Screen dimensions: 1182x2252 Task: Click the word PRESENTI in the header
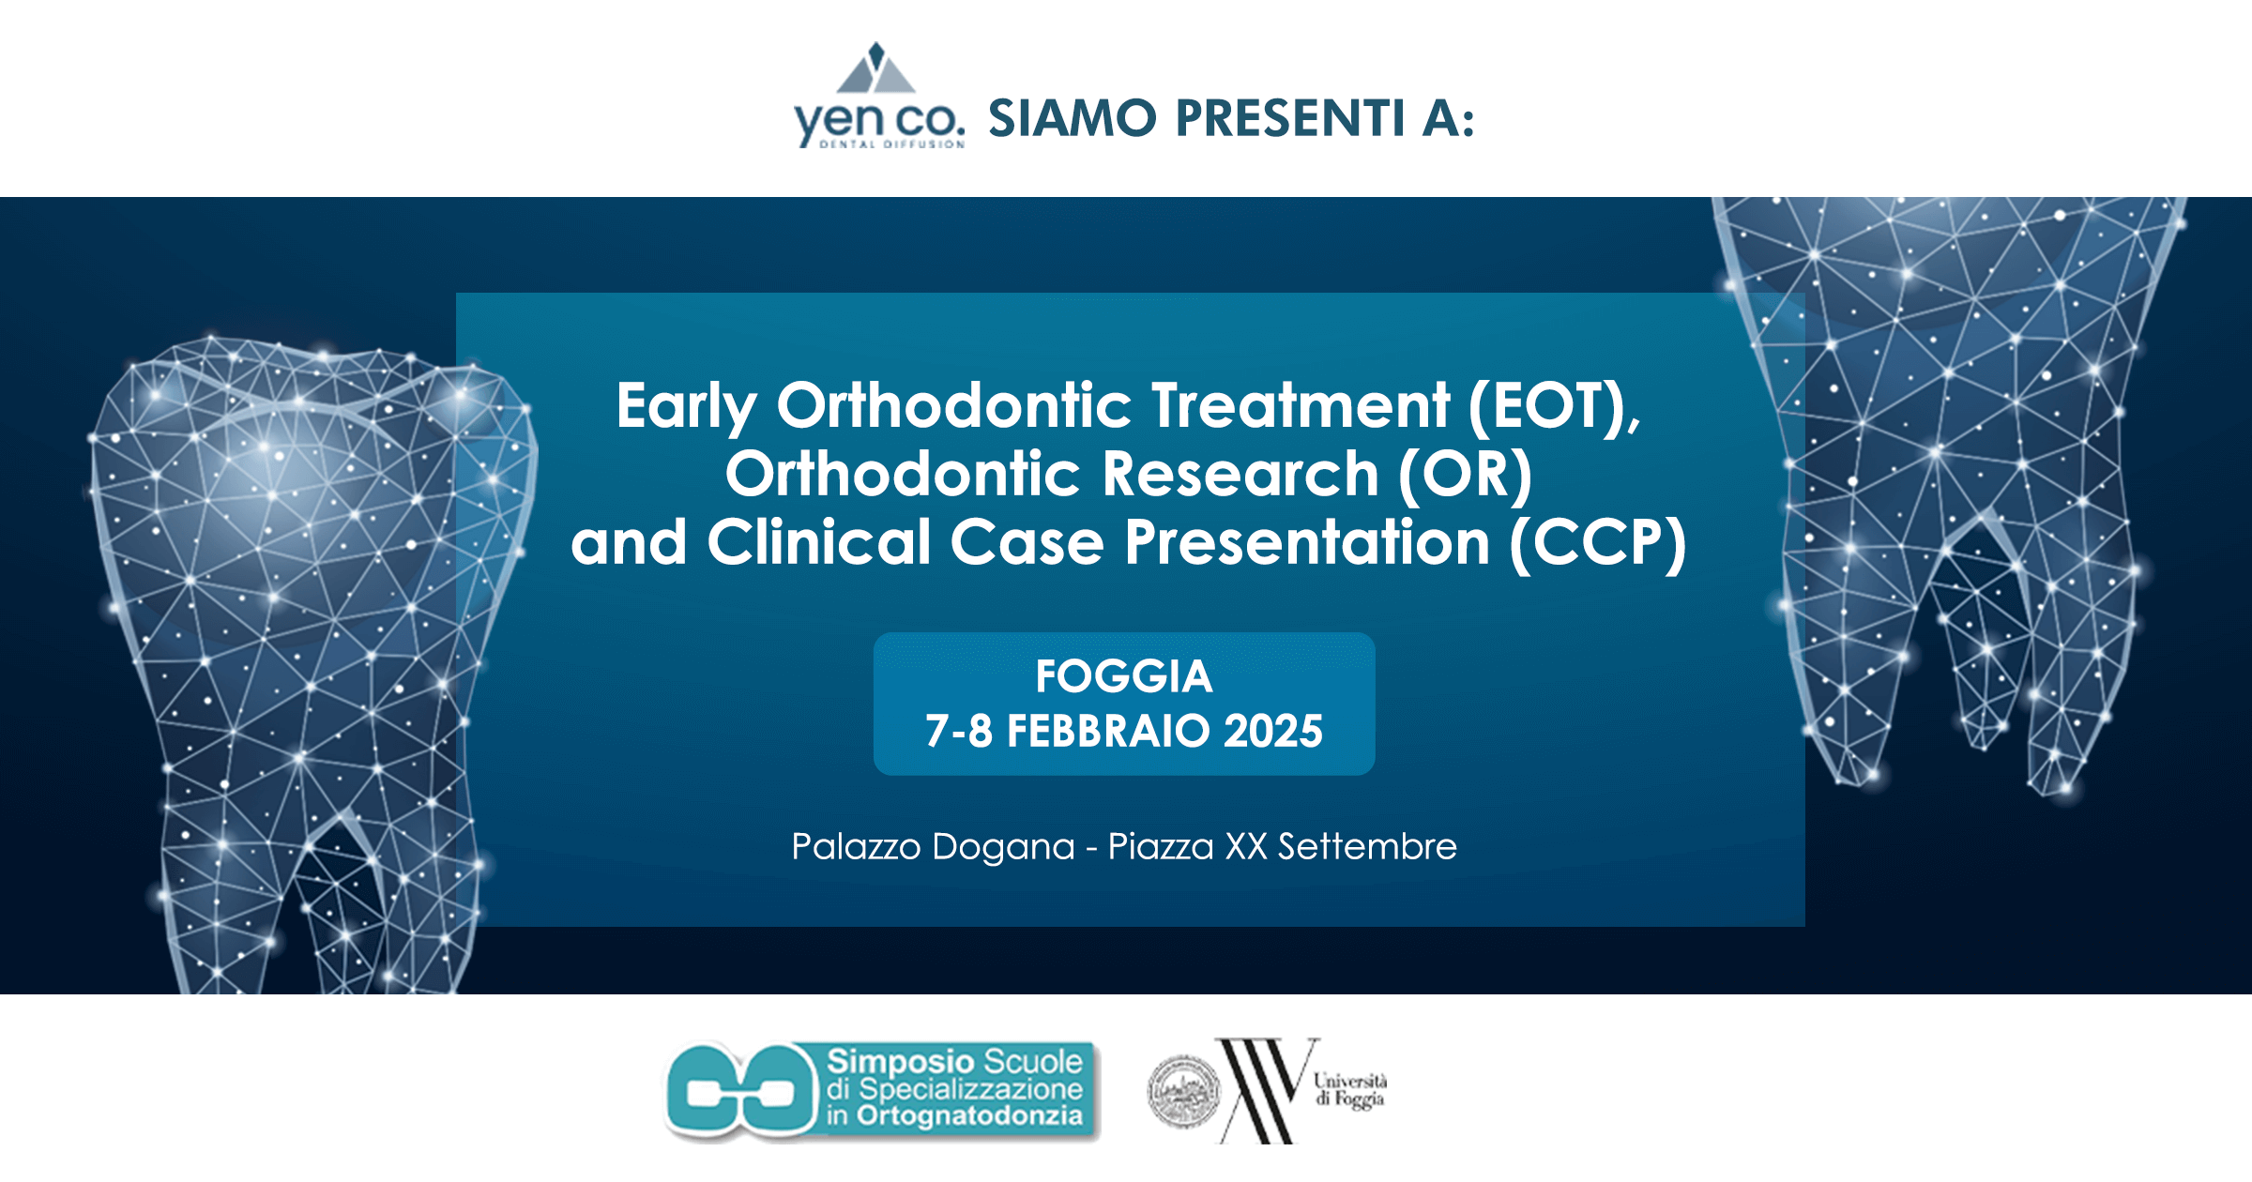point(1291,119)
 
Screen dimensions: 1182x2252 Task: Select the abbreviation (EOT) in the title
point(1554,405)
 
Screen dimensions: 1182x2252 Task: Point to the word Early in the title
point(686,407)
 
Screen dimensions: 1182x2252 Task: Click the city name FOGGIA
point(1124,676)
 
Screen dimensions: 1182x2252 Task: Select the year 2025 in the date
point(1272,732)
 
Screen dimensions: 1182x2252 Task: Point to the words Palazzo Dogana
point(933,847)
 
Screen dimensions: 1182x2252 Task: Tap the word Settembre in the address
point(1367,847)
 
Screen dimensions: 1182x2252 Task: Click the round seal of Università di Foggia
point(1184,1092)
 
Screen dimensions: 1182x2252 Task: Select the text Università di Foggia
point(1349,1090)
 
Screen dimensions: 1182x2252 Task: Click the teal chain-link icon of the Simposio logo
point(741,1091)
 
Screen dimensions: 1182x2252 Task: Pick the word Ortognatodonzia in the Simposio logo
point(969,1116)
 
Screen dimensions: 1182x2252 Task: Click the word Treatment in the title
point(1301,405)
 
